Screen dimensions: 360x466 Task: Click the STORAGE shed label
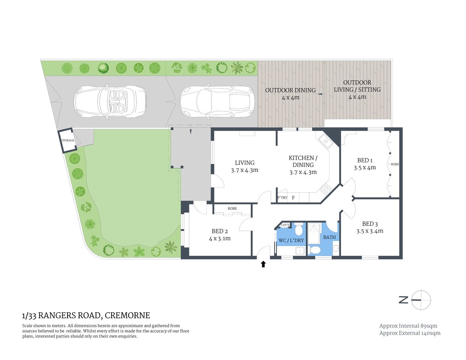tap(68, 141)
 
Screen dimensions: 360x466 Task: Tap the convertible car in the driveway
tap(110, 102)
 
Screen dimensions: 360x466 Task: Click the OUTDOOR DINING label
tap(290, 90)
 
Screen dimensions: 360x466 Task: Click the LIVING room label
tap(245, 163)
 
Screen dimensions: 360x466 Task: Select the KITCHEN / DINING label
tap(303, 161)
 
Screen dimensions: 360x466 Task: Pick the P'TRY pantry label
tap(282, 198)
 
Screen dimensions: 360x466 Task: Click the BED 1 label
tap(365, 160)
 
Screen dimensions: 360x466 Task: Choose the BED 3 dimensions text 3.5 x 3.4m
tap(370, 231)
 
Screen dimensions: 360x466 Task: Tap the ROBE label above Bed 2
tap(232, 208)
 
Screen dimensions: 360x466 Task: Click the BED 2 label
tap(219, 231)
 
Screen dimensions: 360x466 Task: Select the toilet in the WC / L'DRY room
tap(299, 229)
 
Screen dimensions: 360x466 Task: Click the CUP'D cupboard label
tap(285, 225)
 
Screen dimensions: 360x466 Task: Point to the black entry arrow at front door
tap(263, 264)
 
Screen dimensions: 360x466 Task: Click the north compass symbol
tap(421, 300)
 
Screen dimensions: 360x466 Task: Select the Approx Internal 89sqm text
tap(408, 326)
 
